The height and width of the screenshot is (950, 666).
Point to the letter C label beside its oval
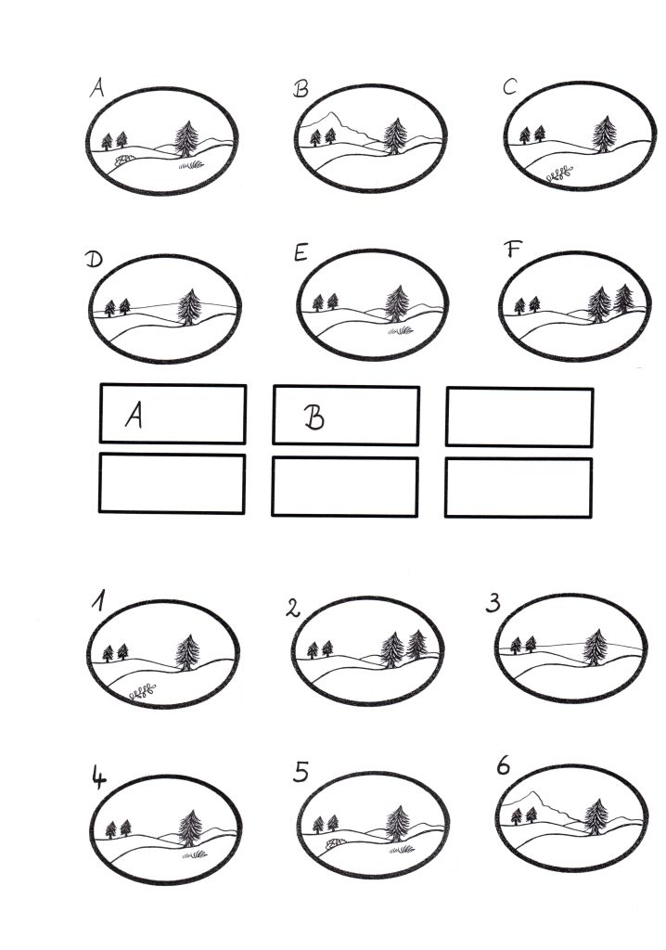(x=509, y=87)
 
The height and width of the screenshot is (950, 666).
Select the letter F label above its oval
(x=513, y=249)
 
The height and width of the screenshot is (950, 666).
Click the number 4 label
(x=98, y=777)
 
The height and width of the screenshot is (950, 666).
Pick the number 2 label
(x=293, y=608)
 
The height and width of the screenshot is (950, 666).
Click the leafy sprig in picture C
(x=559, y=173)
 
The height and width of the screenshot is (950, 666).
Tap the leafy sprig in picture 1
(x=143, y=692)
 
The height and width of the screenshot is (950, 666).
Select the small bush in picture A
(x=124, y=160)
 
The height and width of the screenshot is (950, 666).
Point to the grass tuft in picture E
(x=401, y=331)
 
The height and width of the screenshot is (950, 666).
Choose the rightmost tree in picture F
(x=623, y=299)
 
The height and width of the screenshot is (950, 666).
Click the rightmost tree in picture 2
(x=416, y=644)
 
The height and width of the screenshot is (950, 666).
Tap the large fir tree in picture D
(x=189, y=306)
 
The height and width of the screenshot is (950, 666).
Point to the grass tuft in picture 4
(x=195, y=854)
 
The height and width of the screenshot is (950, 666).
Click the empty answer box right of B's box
(x=519, y=417)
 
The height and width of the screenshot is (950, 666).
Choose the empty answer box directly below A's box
(x=173, y=484)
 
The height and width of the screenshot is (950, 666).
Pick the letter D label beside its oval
(x=94, y=260)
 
